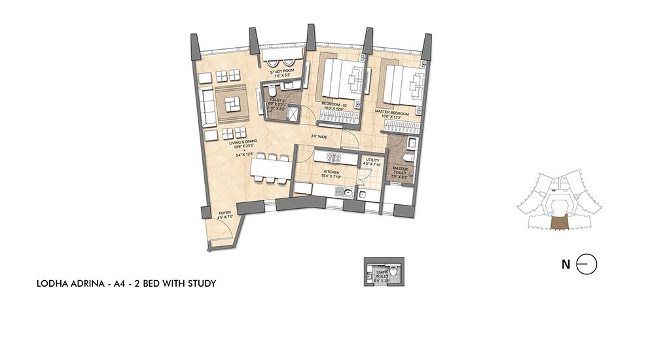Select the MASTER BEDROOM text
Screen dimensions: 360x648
coord(391,113)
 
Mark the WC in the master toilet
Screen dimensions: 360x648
coord(408,158)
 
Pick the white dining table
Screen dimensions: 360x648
coord(269,168)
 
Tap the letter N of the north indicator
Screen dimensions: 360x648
coord(565,264)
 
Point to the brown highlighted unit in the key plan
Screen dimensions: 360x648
coord(561,223)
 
